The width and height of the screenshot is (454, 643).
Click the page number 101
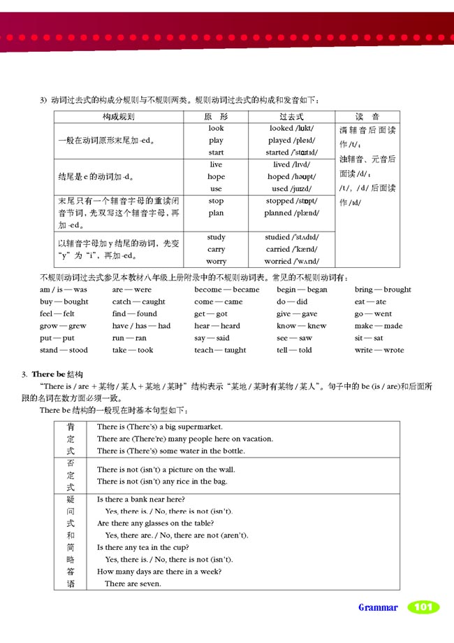coord(423,607)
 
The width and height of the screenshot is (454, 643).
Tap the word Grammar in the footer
coord(378,607)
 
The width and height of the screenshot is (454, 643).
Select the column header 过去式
coord(291,116)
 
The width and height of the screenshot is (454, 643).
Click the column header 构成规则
coord(118,116)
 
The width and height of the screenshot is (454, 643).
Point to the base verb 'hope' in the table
coord(216,176)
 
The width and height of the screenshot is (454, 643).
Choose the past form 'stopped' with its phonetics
coord(291,201)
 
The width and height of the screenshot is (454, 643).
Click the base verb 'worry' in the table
coord(216,261)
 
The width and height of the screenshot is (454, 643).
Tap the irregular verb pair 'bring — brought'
coord(383,290)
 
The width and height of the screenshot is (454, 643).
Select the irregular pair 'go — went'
coord(373,314)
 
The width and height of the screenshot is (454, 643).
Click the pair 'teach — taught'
coord(220,351)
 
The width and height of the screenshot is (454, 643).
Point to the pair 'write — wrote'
coord(379,351)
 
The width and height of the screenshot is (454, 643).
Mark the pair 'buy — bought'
coord(64,302)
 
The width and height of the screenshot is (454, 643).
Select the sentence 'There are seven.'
coord(133,584)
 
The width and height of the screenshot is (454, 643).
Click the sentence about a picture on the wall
coord(166,469)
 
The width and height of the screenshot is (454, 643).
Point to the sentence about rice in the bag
coord(162,481)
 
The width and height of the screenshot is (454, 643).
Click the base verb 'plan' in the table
coord(216,213)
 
